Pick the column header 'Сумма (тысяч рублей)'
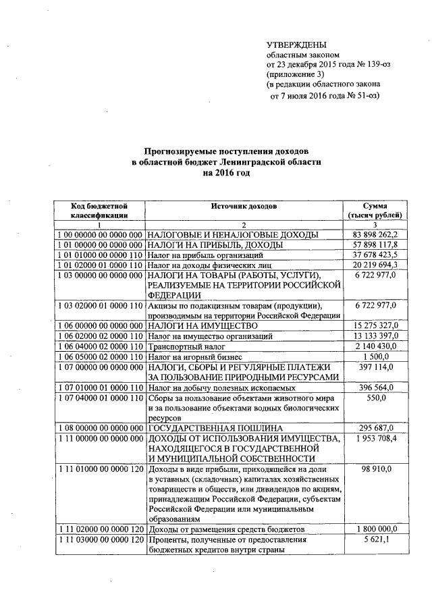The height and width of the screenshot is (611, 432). point(375,209)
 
